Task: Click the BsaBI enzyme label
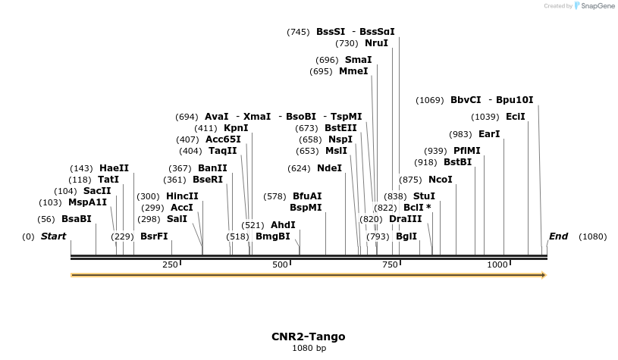(76, 219)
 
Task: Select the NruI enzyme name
(376, 43)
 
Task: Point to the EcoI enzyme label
(515, 117)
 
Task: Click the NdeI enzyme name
(329, 167)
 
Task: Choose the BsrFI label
(154, 236)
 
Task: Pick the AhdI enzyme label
(283, 225)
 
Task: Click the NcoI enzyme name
(440, 180)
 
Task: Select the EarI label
(490, 134)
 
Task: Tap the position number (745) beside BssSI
(298, 32)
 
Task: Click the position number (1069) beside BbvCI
(431, 100)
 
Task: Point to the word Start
(53, 236)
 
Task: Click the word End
(558, 236)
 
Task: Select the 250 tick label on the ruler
(170, 265)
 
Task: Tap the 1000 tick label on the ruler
(497, 265)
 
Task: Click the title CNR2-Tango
(308, 337)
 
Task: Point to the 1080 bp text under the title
(308, 349)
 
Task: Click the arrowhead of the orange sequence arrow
(542, 275)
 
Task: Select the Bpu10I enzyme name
(514, 100)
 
